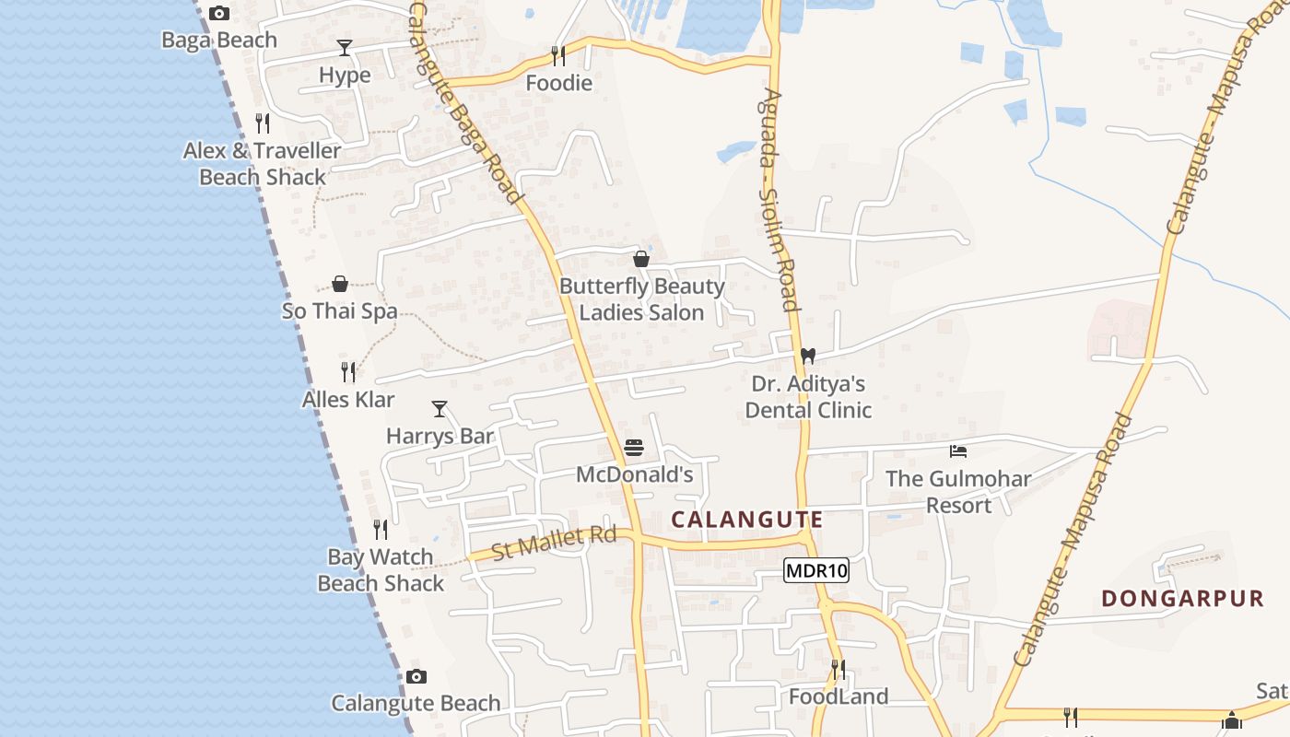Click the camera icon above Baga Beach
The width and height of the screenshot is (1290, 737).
tap(218, 13)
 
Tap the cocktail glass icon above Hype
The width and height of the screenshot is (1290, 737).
tap(345, 48)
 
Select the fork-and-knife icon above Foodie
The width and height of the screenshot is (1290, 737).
tap(557, 56)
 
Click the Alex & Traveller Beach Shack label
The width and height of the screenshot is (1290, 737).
tap(263, 163)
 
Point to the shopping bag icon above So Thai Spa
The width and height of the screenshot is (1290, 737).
tap(340, 284)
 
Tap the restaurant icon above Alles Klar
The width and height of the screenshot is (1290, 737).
tap(348, 372)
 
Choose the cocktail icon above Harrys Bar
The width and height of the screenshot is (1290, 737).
tap(440, 408)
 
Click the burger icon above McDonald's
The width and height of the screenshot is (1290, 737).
tap(634, 448)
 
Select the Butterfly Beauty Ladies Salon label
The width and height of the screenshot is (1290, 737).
tap(642, 299)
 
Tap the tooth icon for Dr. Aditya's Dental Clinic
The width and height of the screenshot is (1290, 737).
tap(808, 356)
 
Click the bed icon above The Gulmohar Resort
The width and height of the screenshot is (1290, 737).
tap(958, 451)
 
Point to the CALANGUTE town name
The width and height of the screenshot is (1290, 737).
tap(746, 520)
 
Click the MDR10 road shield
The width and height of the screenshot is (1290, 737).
tap(815, 571)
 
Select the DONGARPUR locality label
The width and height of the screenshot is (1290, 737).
tap(1183, 599)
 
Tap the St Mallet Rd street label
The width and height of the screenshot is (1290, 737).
tap(554, 544)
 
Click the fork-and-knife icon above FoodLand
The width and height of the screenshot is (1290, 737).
tap(838, 669)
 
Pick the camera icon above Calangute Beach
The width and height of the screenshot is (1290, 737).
tap(416, 677)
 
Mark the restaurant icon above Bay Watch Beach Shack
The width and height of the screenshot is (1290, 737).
tap(381, 530)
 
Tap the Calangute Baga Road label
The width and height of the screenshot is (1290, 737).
tap(466, 101)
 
